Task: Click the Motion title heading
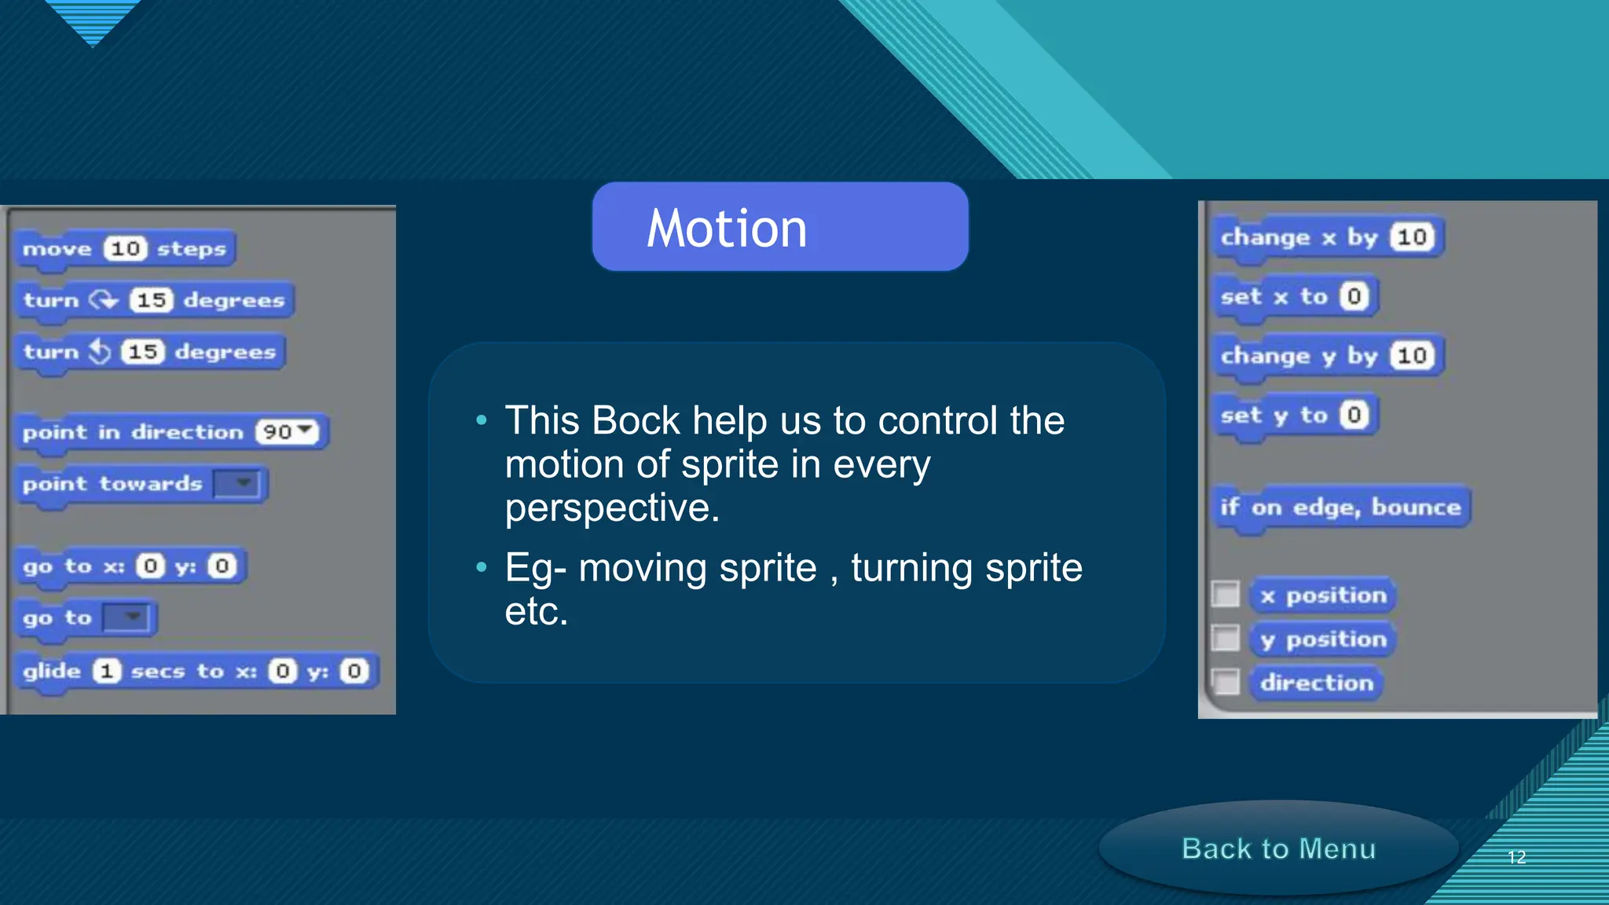point(727,229)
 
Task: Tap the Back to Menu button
point(1278,848)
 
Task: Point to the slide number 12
point(1516,857)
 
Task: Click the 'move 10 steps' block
point(124,249)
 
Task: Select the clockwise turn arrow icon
point(103,299)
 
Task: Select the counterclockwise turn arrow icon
point(100,351)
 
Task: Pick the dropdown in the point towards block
point(236,483)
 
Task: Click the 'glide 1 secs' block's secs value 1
point(107,671)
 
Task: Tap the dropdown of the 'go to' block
point(126,617)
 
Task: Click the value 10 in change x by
point(1412,237)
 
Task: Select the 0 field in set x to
point(1354,296)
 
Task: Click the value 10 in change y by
point(1412,356)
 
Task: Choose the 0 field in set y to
point(1354,415)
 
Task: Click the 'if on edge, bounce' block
point(1340,507)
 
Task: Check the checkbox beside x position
point(1226,595)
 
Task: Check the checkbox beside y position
point(1226,639)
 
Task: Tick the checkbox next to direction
point(1226,682)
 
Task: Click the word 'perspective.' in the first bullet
point(612,508)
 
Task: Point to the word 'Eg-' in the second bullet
point(536,568)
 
